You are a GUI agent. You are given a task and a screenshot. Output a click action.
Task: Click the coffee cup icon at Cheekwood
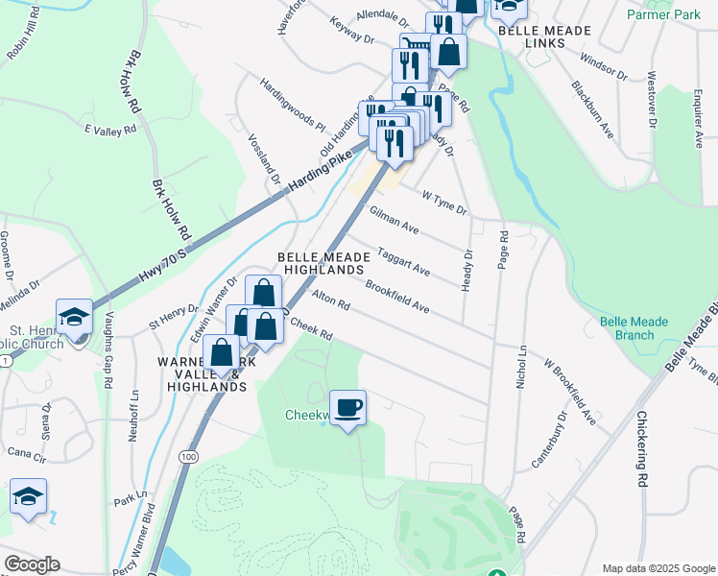tap(347, 407)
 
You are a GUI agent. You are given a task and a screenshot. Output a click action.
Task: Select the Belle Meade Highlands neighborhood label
tap(322, 264)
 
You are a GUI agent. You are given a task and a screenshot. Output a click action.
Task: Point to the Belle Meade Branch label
tap(626, 328)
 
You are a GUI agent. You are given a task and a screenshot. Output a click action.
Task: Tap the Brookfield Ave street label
tap(395, 294)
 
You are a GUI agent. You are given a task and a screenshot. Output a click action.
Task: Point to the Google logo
tap(32, 564)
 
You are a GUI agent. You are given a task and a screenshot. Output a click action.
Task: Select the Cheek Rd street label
tap(310, 329)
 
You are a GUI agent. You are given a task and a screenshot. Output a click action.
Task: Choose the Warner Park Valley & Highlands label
tap(202, 374)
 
